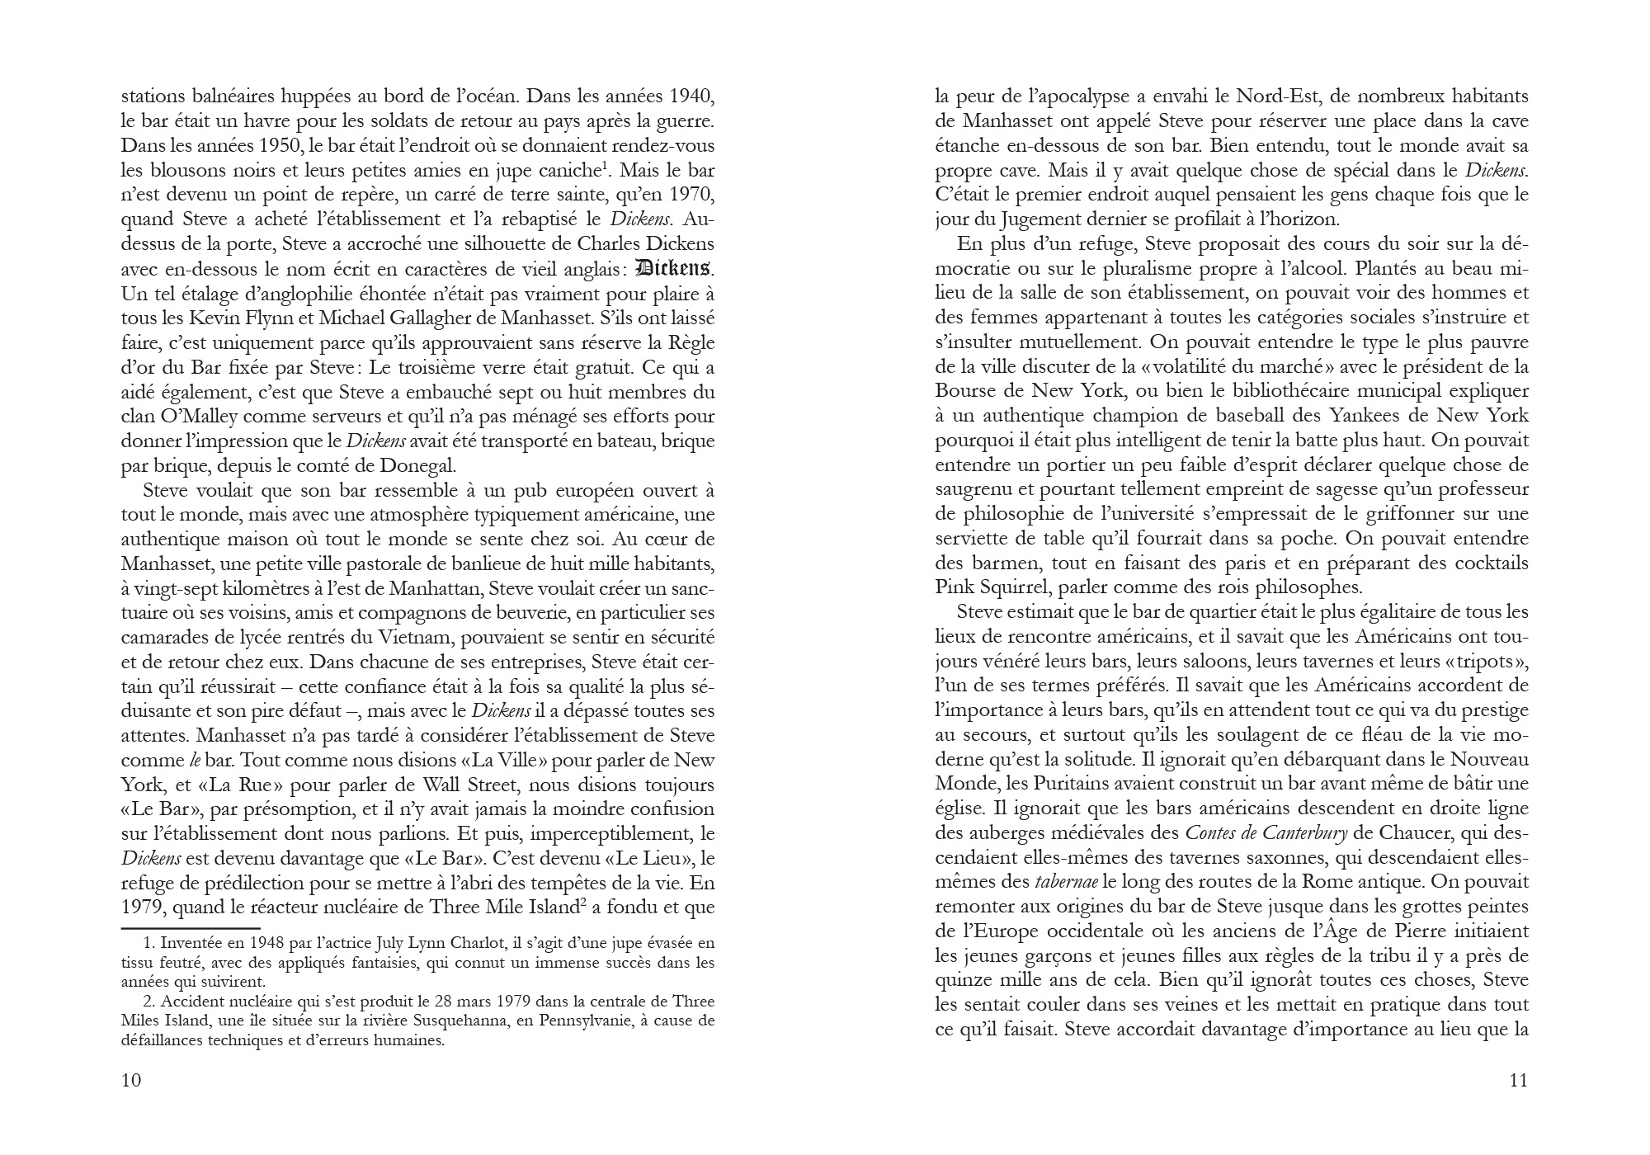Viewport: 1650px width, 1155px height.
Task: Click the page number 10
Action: click(131, 1080)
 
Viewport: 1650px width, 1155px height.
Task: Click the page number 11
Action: click(1518, 1080)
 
